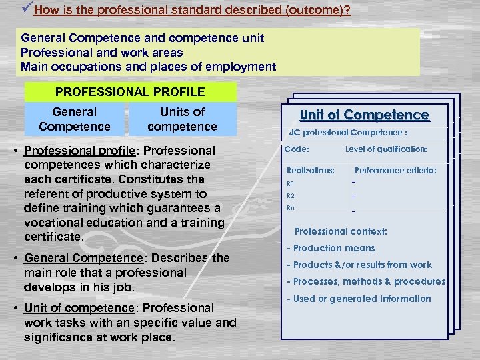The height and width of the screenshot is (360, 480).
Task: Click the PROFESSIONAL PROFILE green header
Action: click(x=130, y=91)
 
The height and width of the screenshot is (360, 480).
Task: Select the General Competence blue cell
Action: click(x=75, y=119)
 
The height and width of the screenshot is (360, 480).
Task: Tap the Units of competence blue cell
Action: click(x=182, y=119)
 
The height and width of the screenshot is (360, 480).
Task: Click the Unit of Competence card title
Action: click(x=365, y=115)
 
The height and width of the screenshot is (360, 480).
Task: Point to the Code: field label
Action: click(x=297, y=149)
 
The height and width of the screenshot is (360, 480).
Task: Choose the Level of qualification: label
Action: click(x=387, y=149)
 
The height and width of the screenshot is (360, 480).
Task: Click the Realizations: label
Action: click(x=311, y=171)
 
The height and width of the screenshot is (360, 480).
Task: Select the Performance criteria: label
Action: click(x=395, y=171)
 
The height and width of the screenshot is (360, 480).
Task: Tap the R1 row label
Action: click(x=290, y=183)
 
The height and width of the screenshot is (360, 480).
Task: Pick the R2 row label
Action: click(x=290, y=196)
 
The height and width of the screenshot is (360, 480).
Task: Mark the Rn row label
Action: click(x=290, y=208)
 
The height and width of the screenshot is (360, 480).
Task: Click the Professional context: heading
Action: click(x=341, y=231)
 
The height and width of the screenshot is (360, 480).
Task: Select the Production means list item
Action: click(x=331, y=248)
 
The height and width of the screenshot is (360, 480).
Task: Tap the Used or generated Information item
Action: click(x=359, y=299)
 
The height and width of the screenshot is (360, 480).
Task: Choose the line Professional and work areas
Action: click(x=102, y=52)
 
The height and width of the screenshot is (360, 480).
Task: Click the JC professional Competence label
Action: click(x=347, y=132)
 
